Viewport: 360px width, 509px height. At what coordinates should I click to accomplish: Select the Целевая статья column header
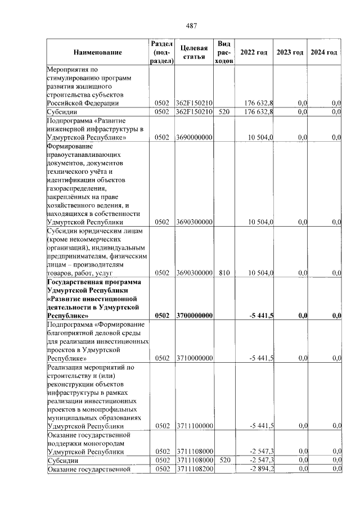coord(194,52)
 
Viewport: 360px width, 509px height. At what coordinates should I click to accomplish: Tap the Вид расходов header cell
coord(224,52)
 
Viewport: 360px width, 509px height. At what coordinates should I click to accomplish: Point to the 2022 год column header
coord(254,52)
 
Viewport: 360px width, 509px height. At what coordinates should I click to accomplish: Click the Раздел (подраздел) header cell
coord(162,52)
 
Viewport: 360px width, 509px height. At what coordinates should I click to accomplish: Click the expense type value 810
coord(224,273)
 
